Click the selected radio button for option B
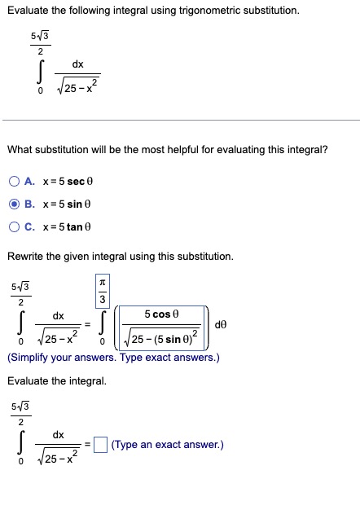pos(15,202)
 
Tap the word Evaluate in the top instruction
pos(28,11)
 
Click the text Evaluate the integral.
pos(56,380)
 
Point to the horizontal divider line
pos(180,121)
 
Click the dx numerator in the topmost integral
pos(77,63)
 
